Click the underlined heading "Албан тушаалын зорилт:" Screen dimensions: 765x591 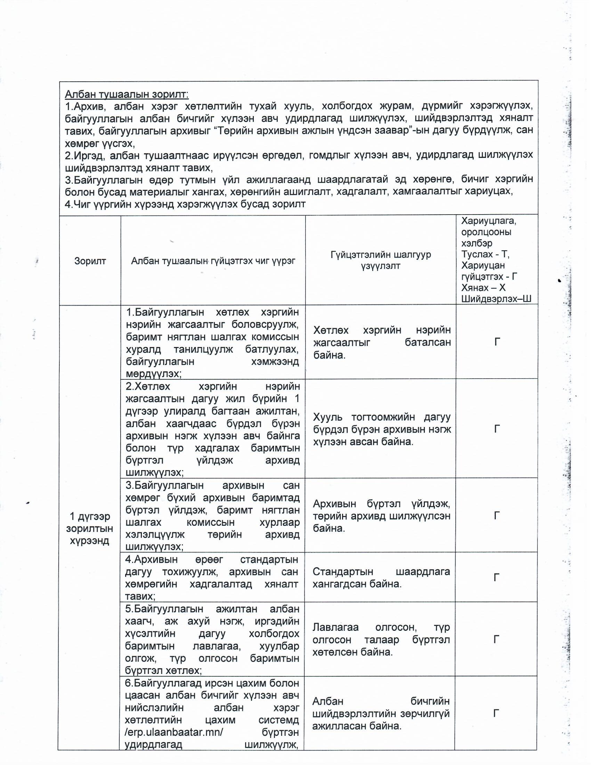coord(127,94)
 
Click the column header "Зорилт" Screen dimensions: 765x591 coord(90,260)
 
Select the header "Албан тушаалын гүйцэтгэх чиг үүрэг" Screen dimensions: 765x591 coord(213,260)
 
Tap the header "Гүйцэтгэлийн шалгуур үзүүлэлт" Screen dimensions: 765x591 coord(381,260)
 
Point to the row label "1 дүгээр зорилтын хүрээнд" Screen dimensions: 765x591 coord(90,528)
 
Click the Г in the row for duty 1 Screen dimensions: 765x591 coord(497,342)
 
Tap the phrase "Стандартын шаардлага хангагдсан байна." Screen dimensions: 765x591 coord(381,578)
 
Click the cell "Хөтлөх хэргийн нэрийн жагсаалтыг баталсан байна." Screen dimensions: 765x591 coord(382,342)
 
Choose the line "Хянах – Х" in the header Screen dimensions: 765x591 coord(483,288)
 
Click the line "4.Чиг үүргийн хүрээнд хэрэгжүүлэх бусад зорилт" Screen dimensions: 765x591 coord(185,204)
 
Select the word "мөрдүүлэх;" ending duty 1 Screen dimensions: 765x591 coord(154,373)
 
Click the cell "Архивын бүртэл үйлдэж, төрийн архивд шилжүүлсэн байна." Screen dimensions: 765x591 coord(381,516)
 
